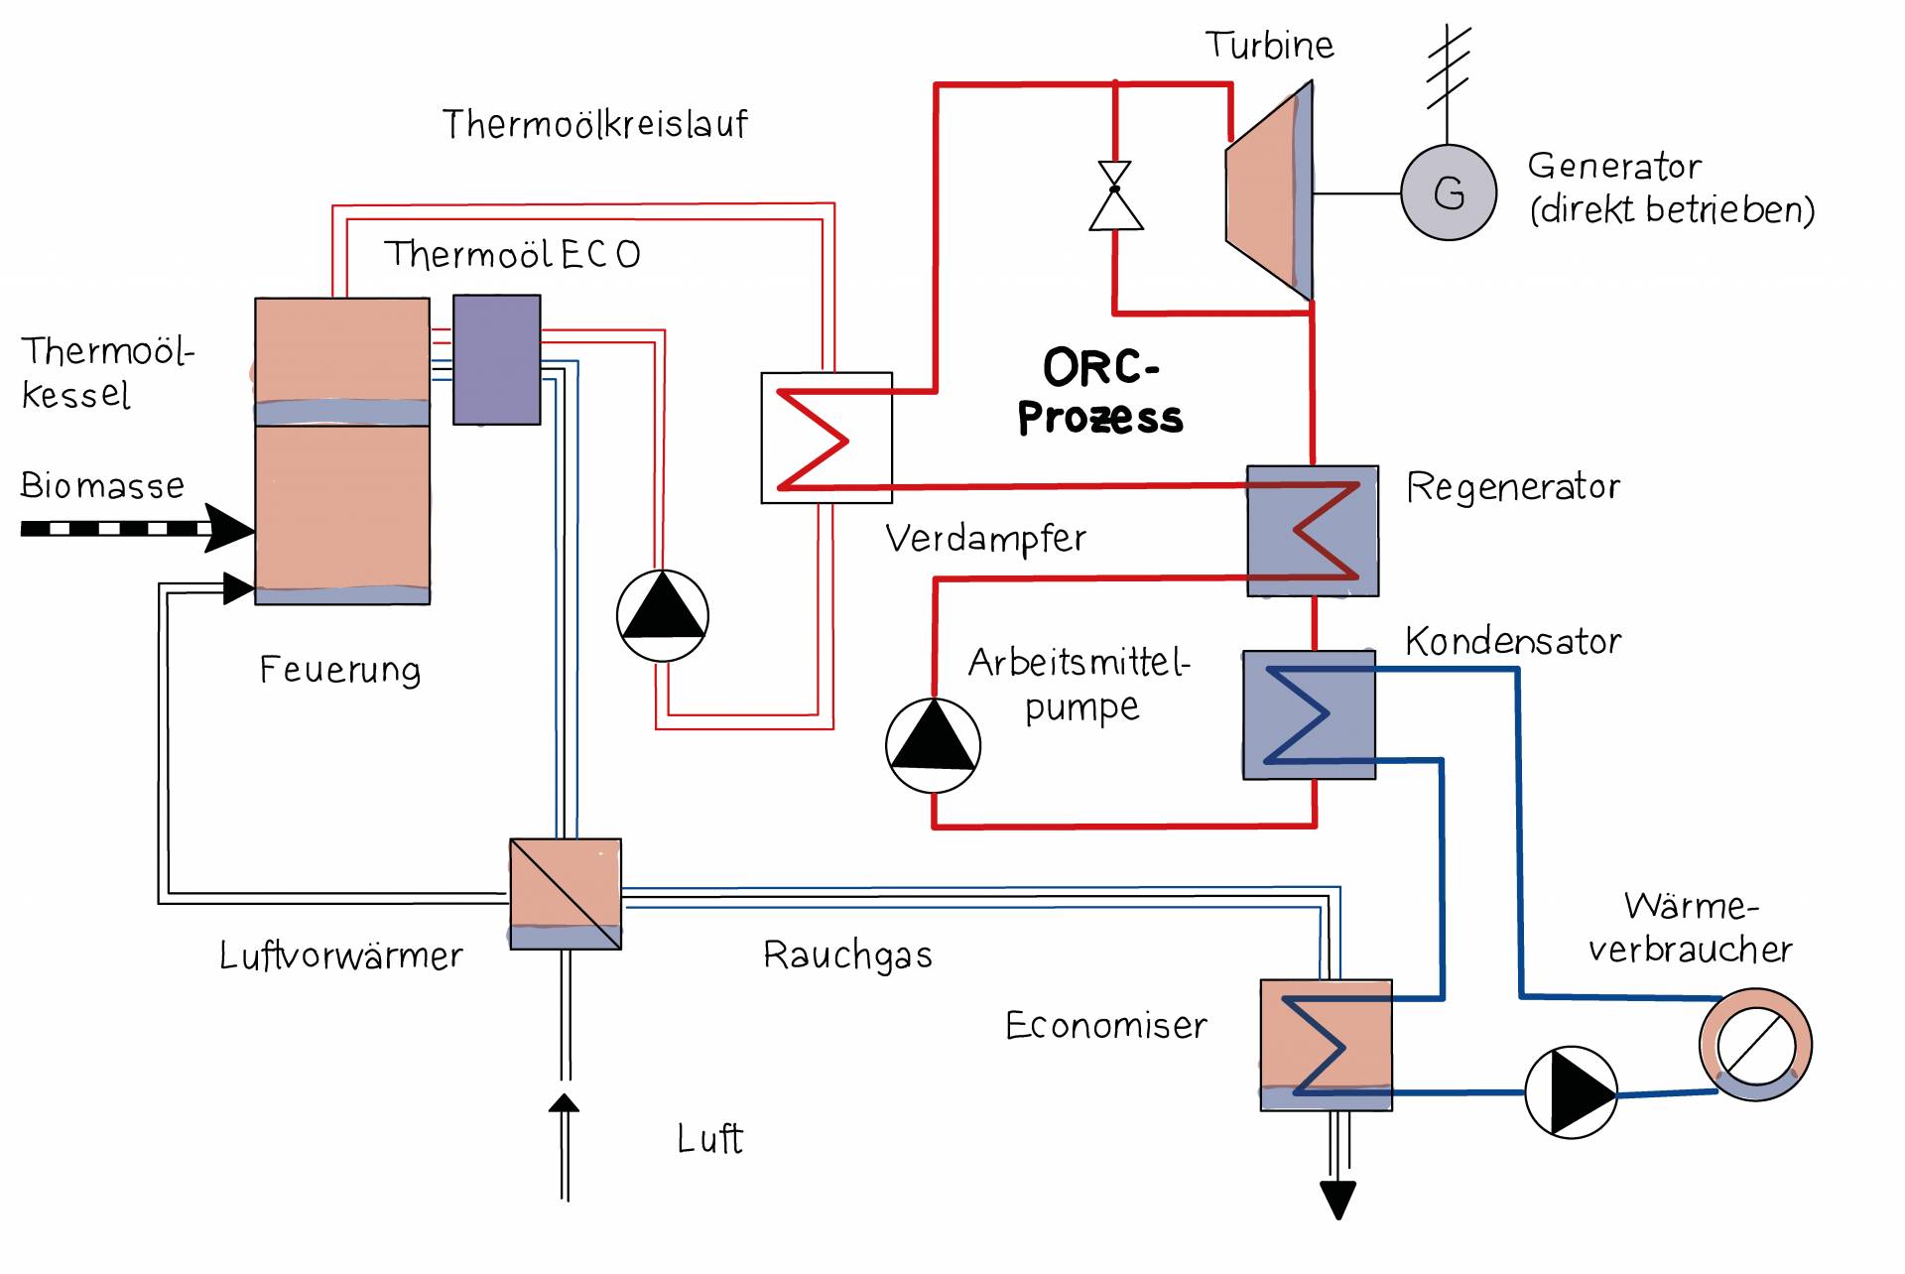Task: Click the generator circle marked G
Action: click(1448, 192)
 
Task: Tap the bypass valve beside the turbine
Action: click(1115, 195)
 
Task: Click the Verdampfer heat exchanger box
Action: click(825, 438)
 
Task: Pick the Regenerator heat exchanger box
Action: click(1312, 531)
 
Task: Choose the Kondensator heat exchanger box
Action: click(1309, 714)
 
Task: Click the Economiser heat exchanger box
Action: click(1326, 1045)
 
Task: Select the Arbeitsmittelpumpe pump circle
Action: click(933, 745)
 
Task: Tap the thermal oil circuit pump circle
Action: click(662, 615)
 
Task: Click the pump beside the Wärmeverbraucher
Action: click(1571, 1091)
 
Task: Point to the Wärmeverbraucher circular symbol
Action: click(1755, 1044)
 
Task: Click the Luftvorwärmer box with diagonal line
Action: click(566, 894)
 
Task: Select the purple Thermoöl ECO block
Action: click(496, 359)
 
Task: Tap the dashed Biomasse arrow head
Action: click(229, 528)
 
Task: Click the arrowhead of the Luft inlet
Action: click(564, 1102)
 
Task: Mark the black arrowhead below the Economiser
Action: click(1337, 1199)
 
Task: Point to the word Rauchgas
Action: click(847, 955)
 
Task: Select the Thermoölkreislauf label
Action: click(594, 125)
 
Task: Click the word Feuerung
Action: click(339, 670)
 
